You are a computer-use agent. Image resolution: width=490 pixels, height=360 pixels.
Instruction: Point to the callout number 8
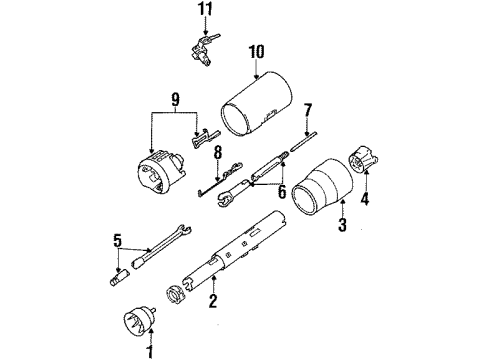(x=215, y=152)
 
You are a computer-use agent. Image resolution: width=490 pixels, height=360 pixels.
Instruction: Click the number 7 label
(x=308, y=109)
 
